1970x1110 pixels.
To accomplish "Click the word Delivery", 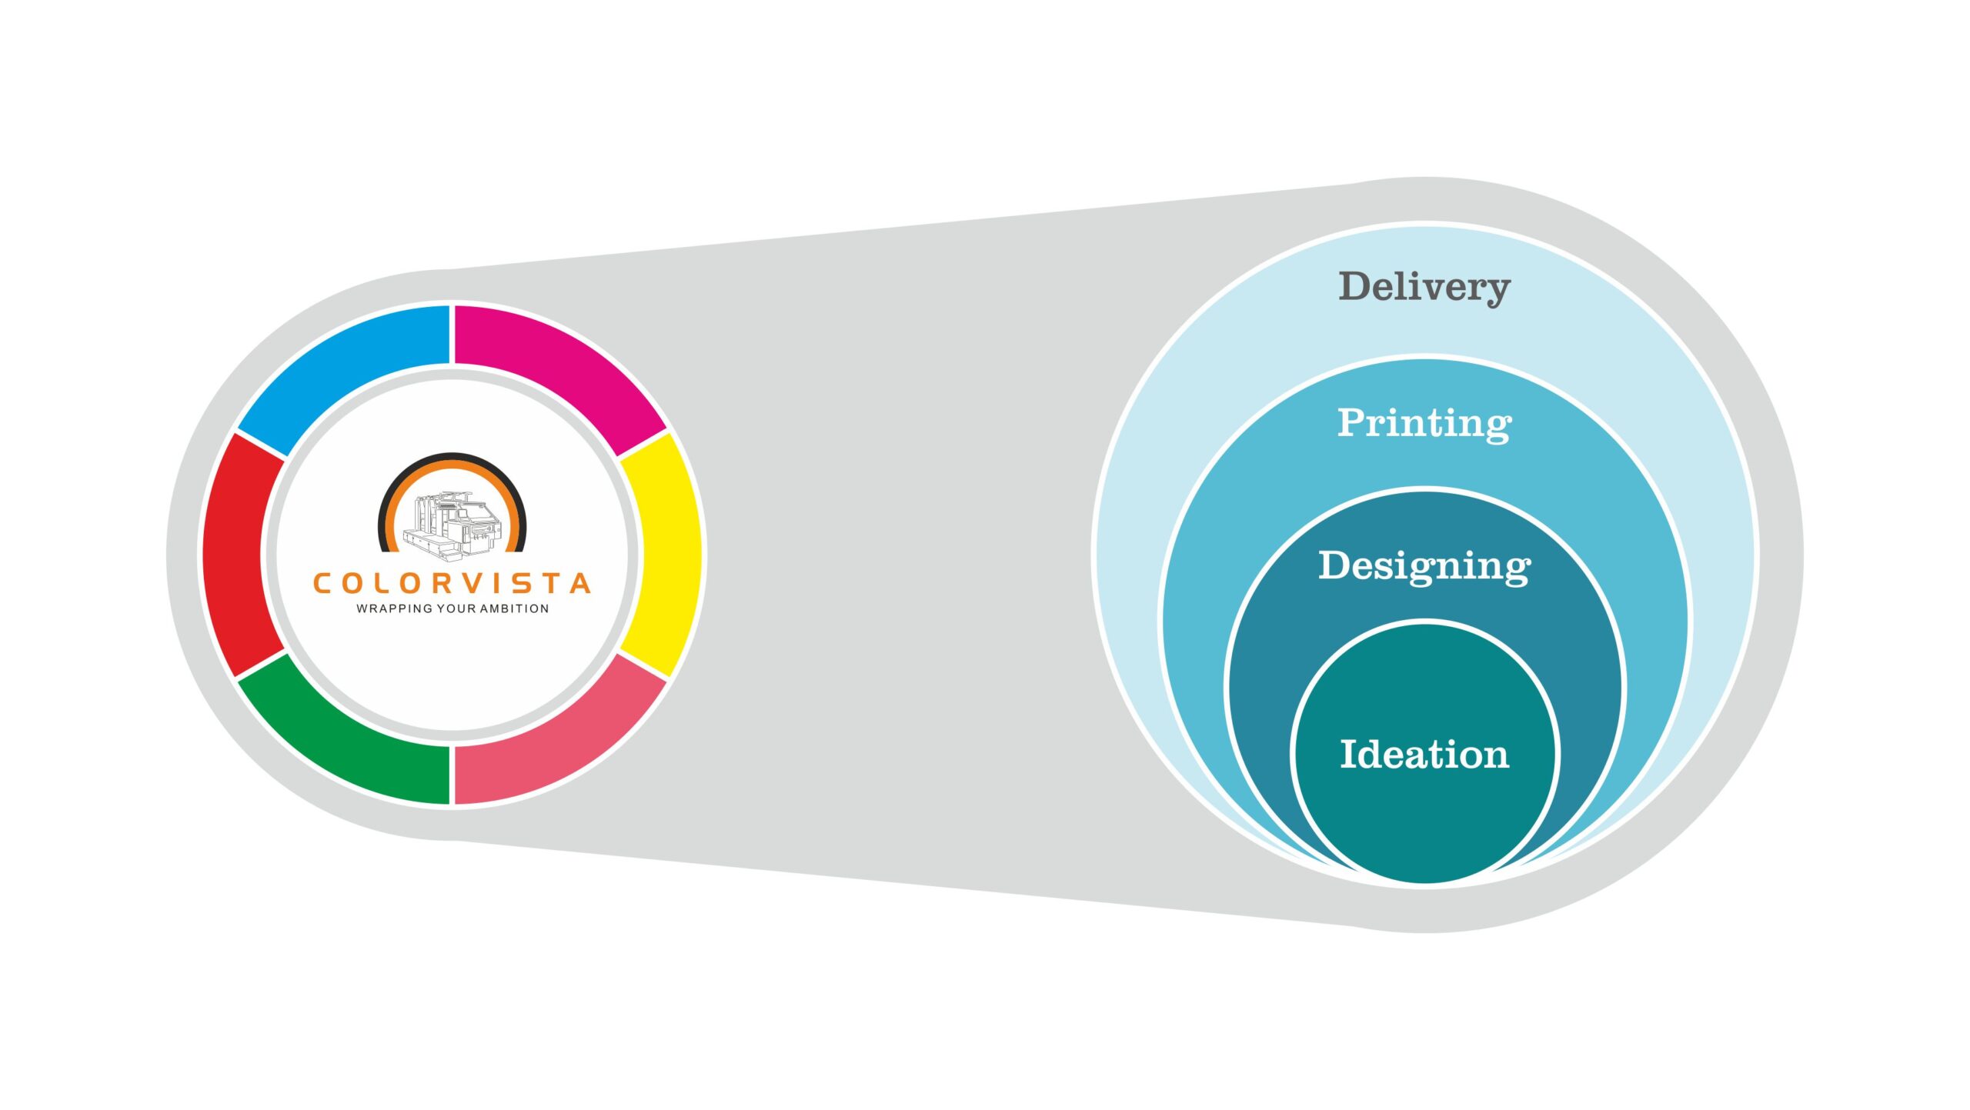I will click(1424, 287).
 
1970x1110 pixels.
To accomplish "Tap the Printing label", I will click(1424, 423).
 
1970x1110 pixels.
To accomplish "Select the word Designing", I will click(1424, 566).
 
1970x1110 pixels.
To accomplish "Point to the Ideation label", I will click(1424, 754).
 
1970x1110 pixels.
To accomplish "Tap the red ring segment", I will click(235, 554).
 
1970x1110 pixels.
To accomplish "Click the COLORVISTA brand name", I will click(452, 583).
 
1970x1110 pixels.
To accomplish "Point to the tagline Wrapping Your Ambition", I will click(452, 608).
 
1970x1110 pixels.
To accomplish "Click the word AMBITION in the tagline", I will click(514, 608).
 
